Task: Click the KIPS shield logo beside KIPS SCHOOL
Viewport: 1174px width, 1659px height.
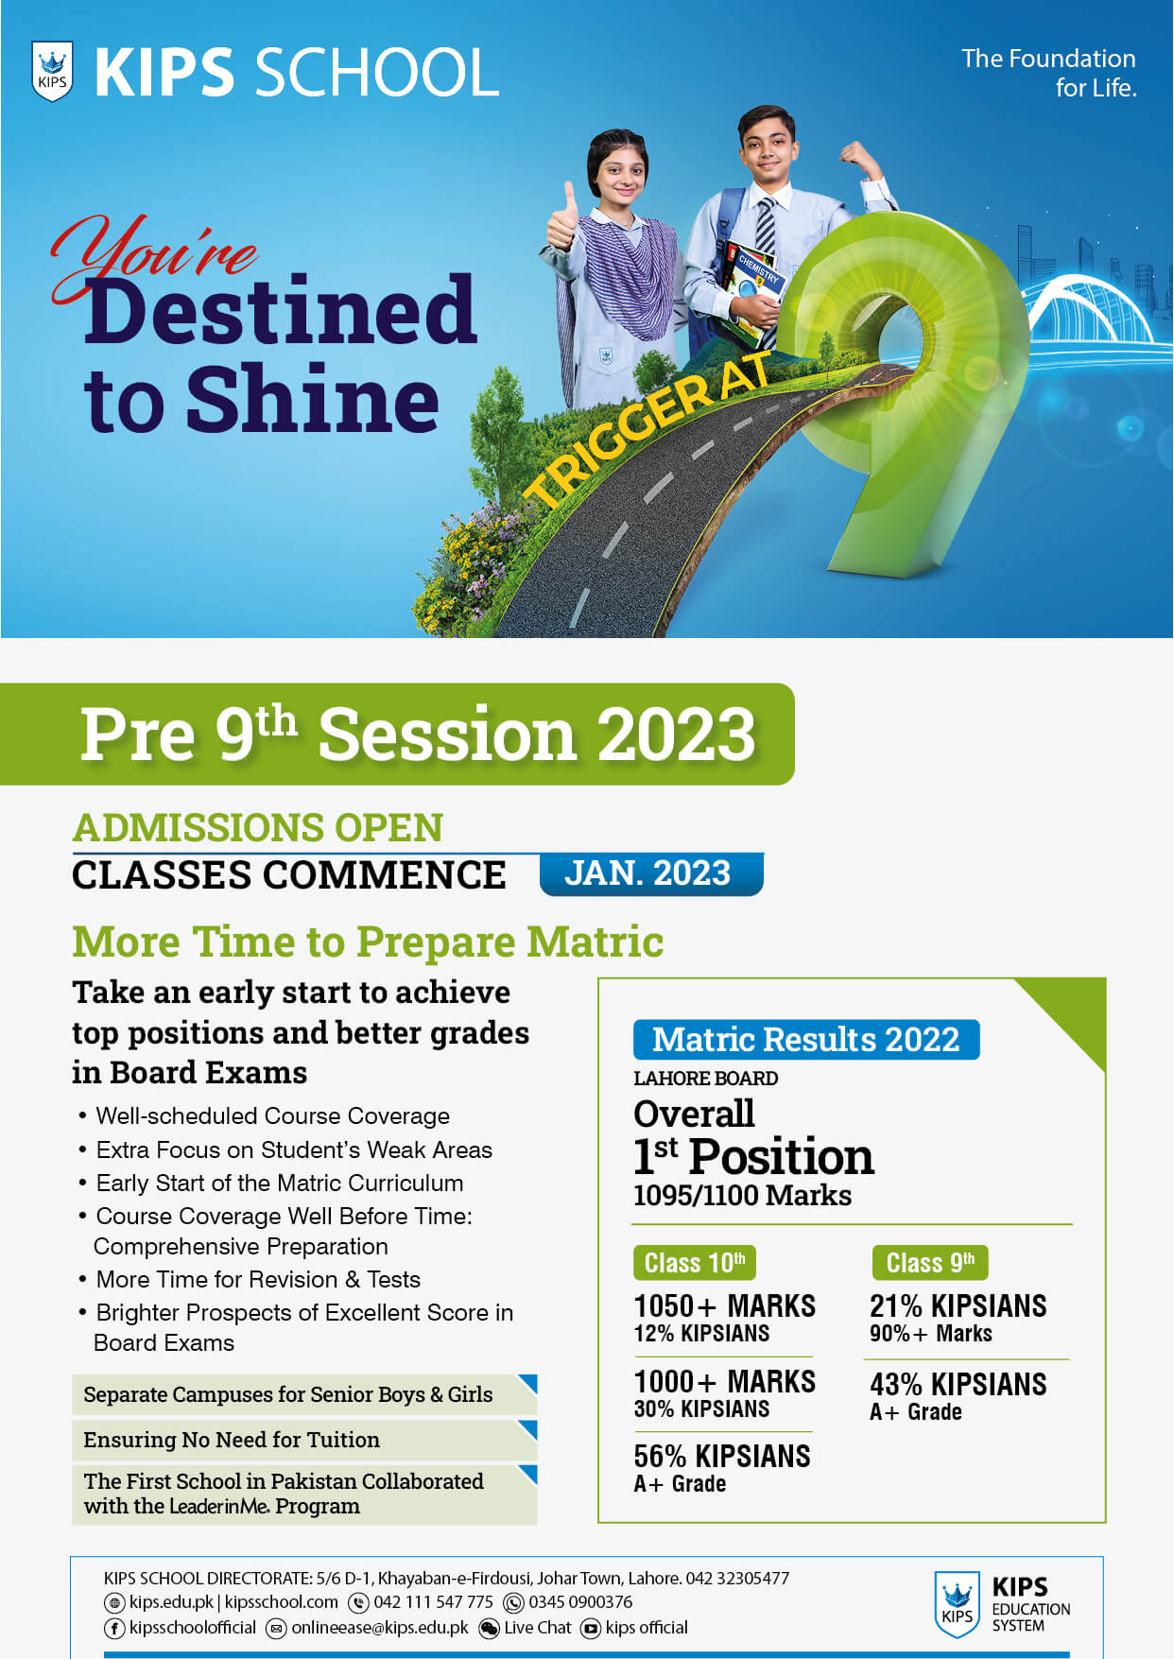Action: tap(52, 72)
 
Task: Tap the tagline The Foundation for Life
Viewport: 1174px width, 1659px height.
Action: tap(1048, 73)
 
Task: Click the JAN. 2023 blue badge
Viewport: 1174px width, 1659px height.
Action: tap(650, 873)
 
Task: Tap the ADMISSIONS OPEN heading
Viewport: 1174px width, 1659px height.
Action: tap(258, 828)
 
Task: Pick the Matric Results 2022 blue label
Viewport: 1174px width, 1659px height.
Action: tap(806, 1039)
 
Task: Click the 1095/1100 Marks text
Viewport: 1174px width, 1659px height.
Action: tap(742, 1195)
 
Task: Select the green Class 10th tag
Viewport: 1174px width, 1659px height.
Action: tap(695, 1263)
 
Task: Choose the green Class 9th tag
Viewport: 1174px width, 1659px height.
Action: tap(930, 1263)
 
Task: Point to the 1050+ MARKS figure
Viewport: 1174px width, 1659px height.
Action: tap(724, 1305)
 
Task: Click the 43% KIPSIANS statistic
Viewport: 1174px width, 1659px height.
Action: tap(958, 1384)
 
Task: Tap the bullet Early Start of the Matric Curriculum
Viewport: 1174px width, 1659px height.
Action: tap(280, 1183)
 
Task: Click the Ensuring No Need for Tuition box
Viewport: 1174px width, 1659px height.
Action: tap(304, 1439)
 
